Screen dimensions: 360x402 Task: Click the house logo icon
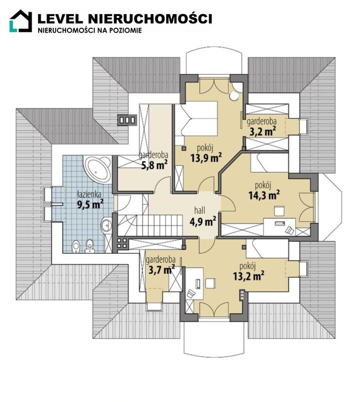click(21, 21)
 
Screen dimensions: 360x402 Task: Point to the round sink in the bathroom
click(106, 226)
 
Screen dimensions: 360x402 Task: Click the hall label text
click(200, 211)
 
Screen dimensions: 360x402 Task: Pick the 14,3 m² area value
click(264, 195)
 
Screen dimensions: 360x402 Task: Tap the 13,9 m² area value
click(206, 158)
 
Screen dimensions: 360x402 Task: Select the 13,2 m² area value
click(249, 276)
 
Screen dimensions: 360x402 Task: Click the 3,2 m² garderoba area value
click(263, 132)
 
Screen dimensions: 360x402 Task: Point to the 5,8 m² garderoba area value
click(155, 165)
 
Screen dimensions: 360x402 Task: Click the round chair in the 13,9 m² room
click(234, 95)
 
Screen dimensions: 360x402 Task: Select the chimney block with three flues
click(127, 120)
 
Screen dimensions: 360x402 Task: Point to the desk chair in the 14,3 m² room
click(279, 211)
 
